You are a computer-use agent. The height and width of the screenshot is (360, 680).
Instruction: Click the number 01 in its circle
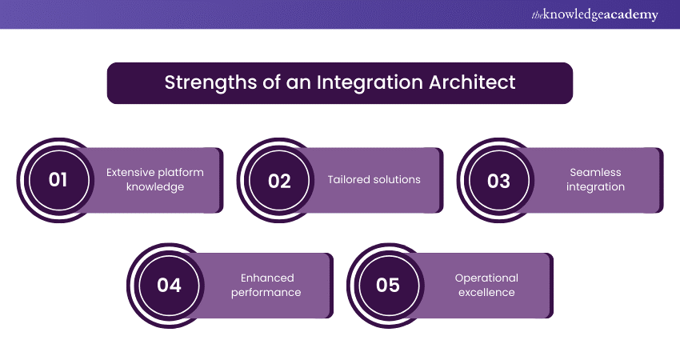(x=58, y=180)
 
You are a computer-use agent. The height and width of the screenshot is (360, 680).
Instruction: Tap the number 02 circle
(x=279, y=181)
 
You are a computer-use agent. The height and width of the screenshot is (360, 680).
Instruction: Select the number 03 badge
(x=498, y=181)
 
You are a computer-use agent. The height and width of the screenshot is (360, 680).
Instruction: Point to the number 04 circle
(x=169, y=286)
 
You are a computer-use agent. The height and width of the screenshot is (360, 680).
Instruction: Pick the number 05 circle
(x=388, y=286)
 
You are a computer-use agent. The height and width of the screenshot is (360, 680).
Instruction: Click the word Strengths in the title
(x=210, y=82)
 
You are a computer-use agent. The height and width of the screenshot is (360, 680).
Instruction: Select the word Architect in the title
(x=472, y=82)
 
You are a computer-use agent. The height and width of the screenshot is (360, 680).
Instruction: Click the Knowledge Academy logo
(x=595, y=14)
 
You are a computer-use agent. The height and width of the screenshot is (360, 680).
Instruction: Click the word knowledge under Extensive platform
(x=155, y=187)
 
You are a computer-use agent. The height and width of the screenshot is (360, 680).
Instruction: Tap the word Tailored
(x=347, y=179)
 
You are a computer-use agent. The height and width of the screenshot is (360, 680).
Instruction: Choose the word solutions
(x=395, y=179)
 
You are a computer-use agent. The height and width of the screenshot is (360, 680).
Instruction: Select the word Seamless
(x=595, y=172)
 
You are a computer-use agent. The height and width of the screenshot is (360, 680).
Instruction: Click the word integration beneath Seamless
(x=595, y=187)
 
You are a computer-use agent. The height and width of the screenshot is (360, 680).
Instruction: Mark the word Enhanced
(x=267, y=278)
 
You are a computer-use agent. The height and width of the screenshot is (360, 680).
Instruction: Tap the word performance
(x=266, y=292)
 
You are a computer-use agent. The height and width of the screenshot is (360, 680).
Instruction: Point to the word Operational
(x=486, y=278)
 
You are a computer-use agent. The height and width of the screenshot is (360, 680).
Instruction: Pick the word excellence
(x=486, y=292)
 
